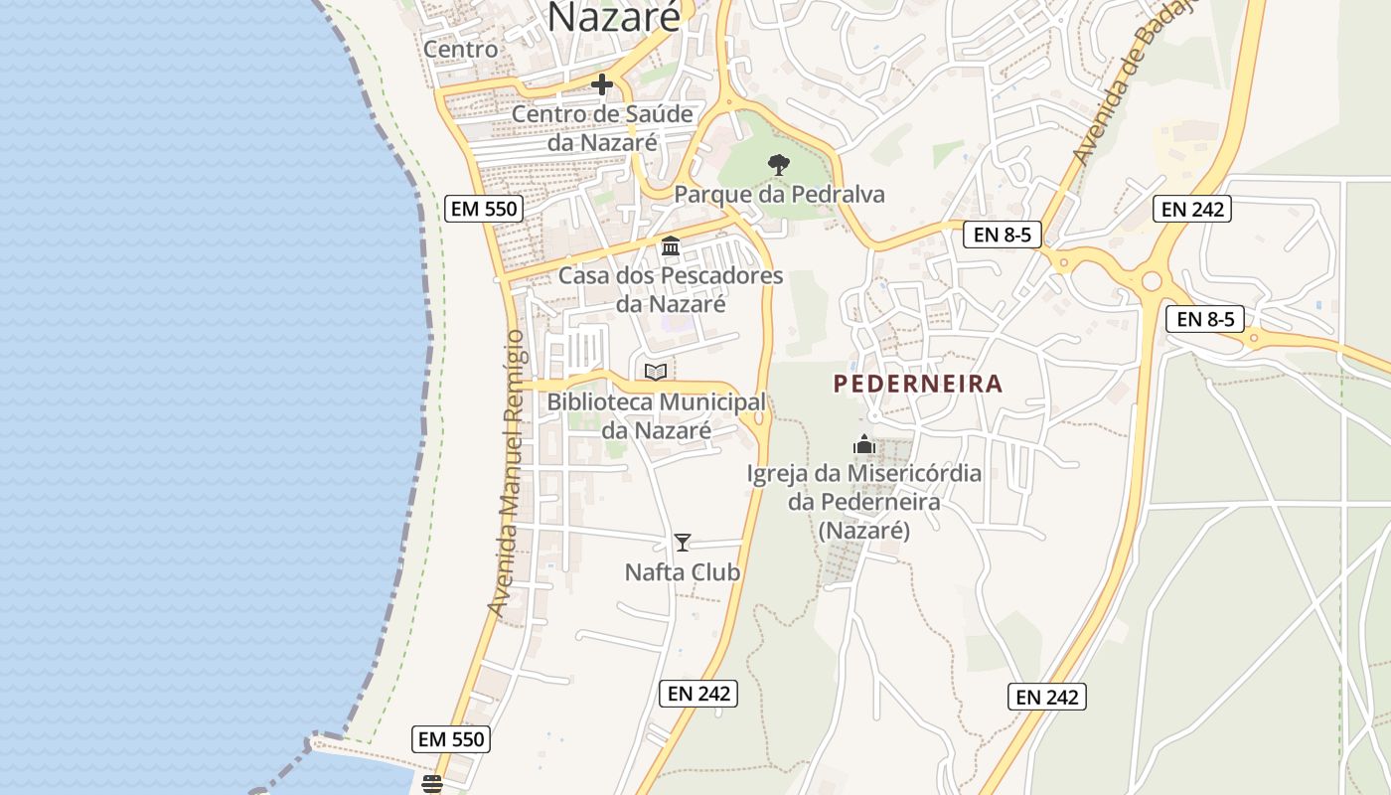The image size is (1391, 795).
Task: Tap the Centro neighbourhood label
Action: (460, 49)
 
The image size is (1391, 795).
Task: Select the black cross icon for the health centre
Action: (602, 84)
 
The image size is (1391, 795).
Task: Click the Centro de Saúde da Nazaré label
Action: (602, 128)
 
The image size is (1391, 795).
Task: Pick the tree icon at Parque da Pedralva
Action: (779, 164)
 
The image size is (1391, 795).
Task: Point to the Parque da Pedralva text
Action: (779, 194)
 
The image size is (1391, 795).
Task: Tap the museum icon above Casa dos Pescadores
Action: (671, 245)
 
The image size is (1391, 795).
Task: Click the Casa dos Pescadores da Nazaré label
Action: (671, 289)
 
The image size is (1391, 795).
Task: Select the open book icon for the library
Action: (656, 372)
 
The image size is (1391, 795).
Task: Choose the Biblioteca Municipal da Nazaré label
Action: (656, 416)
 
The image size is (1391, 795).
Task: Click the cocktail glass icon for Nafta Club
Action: (683, 543)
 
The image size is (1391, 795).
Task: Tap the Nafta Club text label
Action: (683, 572)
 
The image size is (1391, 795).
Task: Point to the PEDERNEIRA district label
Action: (918, 384)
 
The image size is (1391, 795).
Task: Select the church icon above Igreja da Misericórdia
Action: (864, 444)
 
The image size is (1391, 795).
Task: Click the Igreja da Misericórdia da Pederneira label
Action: (864, 501)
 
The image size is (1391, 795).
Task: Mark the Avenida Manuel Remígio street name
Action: (509, 472)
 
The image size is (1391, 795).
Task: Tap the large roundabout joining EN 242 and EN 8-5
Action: (1152, 281)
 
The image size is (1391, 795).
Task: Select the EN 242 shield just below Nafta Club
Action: (698, 694)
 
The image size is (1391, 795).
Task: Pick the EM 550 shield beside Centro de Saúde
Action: (483, 209)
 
